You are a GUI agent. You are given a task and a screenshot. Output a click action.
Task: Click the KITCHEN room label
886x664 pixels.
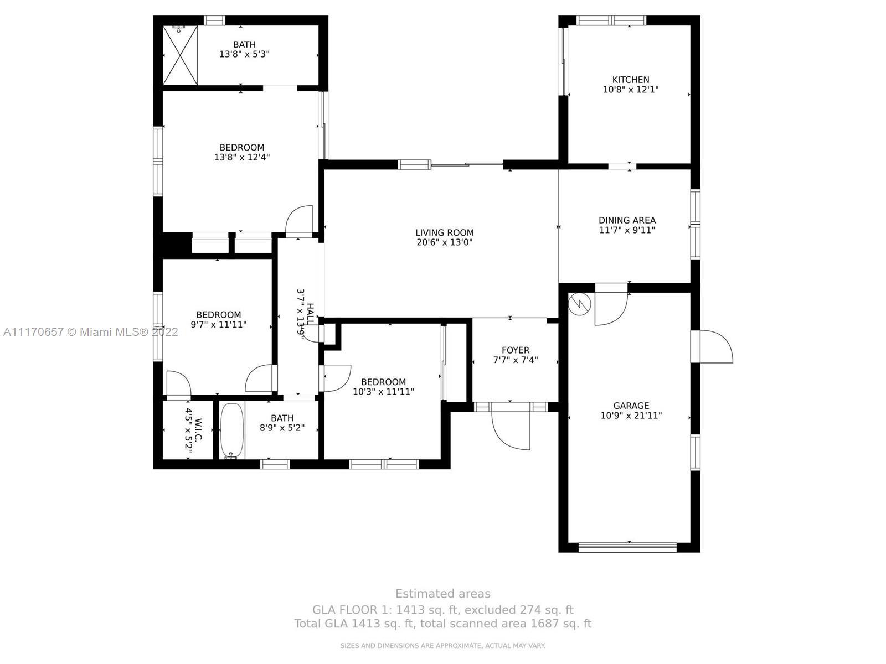631,80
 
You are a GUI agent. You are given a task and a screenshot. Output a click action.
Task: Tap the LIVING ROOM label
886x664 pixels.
445,232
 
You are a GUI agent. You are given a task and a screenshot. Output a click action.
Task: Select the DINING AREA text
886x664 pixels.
627,220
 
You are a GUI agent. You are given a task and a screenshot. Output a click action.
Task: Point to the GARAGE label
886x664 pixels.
631,406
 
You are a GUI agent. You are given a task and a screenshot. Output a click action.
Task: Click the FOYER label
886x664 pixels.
516,350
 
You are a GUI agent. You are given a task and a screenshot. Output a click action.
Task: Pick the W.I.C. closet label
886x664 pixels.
198,430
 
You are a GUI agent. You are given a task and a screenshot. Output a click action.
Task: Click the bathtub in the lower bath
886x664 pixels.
231,431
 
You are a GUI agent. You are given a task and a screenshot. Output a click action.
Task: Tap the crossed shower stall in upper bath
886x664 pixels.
180,55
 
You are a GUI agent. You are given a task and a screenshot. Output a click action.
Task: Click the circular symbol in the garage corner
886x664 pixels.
579,304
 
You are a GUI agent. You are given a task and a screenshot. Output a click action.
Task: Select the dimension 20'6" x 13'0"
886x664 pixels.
445,242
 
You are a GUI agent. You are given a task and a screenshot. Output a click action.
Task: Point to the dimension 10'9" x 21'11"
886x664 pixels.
631,415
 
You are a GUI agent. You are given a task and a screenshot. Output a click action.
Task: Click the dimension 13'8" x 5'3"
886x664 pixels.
244,54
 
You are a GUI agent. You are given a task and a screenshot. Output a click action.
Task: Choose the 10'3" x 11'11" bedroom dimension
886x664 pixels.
383,391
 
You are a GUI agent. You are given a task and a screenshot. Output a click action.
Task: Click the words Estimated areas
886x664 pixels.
443,594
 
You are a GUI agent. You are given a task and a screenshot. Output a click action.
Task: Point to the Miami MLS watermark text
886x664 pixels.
91,332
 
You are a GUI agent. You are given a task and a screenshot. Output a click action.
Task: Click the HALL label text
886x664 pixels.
310,315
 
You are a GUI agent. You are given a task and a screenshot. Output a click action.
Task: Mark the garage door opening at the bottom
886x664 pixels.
627,547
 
